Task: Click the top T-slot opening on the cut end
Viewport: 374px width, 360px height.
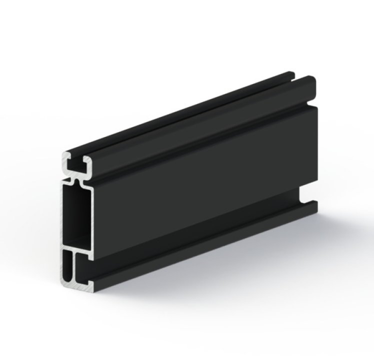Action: [76, 161]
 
